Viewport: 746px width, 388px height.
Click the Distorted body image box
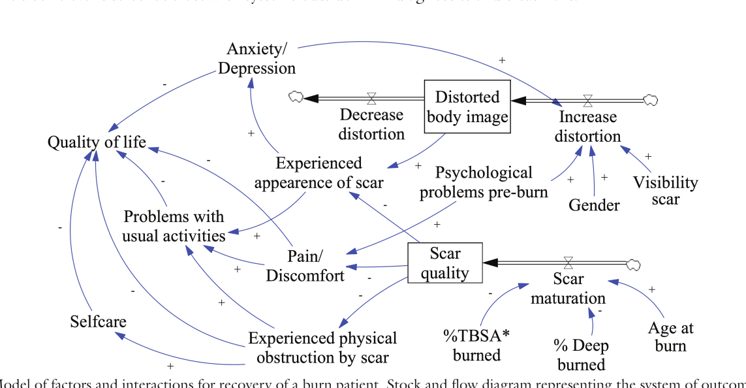467,106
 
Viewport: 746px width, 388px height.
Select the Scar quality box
444,263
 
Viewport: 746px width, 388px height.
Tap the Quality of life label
97,142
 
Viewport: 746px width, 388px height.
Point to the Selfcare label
98,321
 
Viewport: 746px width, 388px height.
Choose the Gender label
594,205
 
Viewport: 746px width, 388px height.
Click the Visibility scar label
665,191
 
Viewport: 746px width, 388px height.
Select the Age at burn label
671,336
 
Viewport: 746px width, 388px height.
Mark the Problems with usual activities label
174,226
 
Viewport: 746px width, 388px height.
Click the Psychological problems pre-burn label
484,182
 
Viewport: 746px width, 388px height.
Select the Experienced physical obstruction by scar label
322,348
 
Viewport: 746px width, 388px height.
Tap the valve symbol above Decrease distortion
371,98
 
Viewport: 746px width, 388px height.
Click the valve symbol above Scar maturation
568,263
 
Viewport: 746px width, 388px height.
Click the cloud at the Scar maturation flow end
632,263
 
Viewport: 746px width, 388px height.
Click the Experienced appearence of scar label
319,172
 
